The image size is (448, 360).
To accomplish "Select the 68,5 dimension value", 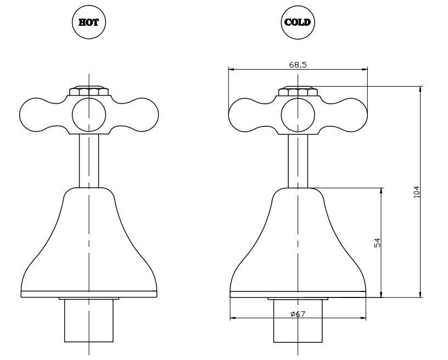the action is pos(298,65).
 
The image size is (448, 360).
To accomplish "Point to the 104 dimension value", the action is pos(417,192).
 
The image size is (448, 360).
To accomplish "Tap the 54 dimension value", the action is pos(377,243).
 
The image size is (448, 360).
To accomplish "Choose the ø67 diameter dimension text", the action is pos(298,314).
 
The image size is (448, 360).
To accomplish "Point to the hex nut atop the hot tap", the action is pos(89,91).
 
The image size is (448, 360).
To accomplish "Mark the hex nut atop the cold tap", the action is pos(298,91).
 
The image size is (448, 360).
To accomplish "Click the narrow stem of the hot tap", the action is pos(89,161).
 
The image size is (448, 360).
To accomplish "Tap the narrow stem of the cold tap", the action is pos(298,161).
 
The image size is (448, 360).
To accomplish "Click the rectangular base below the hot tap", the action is pos(89,320).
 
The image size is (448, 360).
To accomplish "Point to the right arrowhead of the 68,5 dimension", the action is pos(365,69).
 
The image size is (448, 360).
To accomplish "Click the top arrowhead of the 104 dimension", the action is pos(420,89).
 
